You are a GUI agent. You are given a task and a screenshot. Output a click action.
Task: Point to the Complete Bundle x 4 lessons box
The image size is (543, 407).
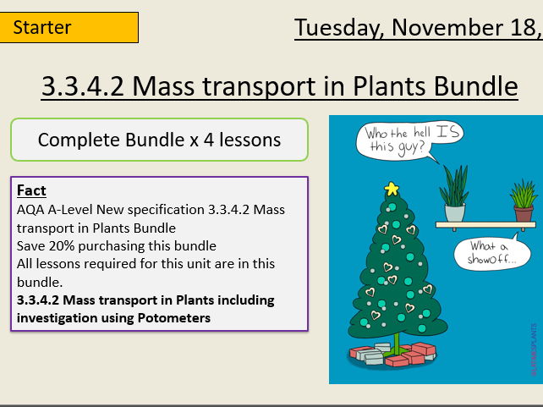(159, 140)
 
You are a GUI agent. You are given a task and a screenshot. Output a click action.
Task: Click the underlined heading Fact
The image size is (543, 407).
(31, 190)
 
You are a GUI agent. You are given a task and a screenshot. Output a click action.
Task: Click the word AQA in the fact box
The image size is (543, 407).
(30, 209)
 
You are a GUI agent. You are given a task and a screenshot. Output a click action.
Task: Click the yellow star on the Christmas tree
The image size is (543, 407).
(392, 188)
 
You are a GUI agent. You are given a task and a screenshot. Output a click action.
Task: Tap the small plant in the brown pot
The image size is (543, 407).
(523, 201)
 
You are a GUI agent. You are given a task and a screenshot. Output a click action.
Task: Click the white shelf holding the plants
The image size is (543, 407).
(485, 225)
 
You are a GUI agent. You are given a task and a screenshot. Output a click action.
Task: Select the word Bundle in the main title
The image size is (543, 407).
(474, 85)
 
